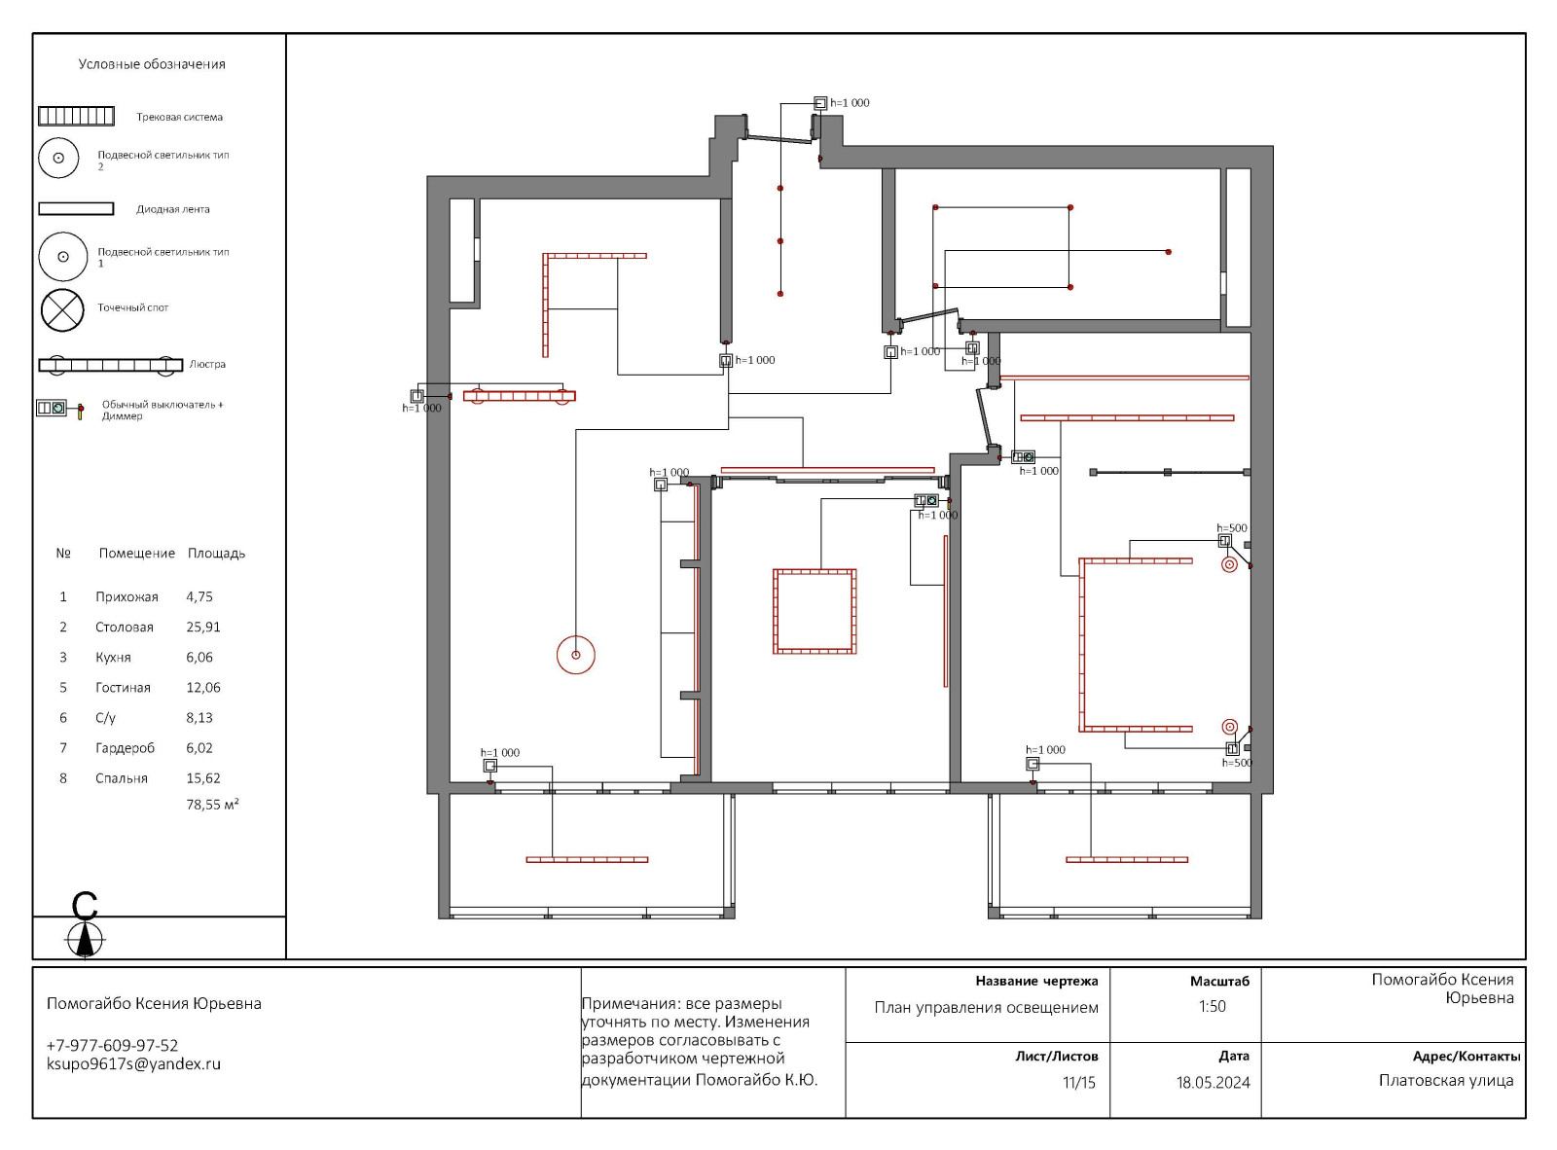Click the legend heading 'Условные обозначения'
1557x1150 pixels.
(x=152, y=64)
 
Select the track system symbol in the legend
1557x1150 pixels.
(x=76, y=116)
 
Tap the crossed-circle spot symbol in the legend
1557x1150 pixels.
(x=62, y=309)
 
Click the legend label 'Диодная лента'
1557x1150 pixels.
(x=172, y=209)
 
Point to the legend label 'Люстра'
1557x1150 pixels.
(x=207, y=365)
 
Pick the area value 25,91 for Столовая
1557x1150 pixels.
(x=202, y=627)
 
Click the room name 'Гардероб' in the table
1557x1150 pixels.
(x=125, y=748)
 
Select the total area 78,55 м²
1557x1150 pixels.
(x=212, y=805)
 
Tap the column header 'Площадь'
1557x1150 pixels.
(x=216, y=554)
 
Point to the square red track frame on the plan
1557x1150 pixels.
(x=815, y=571)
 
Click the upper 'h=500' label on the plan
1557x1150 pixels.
(x=1232, y=528)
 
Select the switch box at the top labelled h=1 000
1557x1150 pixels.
(x=820, y=103)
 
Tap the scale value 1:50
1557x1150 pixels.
(x=1212, y=1006)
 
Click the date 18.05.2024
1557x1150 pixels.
(x=1213, y=1083)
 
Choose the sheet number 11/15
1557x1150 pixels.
(x=1079, y=1083)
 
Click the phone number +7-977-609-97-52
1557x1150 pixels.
(x=112, y=1045)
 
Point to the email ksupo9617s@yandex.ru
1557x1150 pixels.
(x=133, y=1064)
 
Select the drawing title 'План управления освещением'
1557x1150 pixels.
(x=987, y=1008)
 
